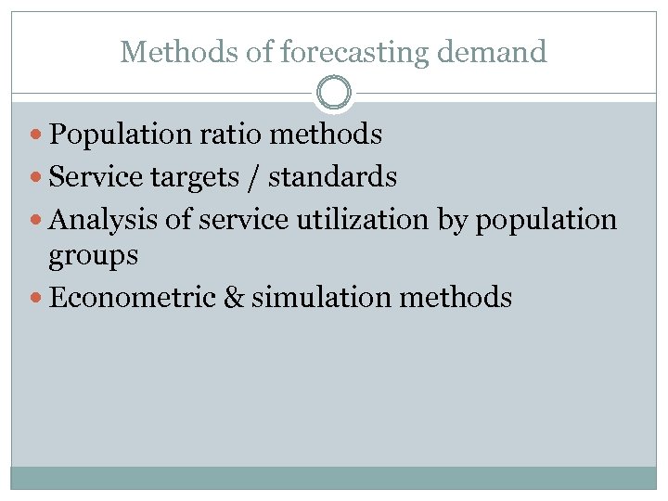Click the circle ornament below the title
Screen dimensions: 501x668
tap(334, 93)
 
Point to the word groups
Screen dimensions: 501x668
tap(93, 256)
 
